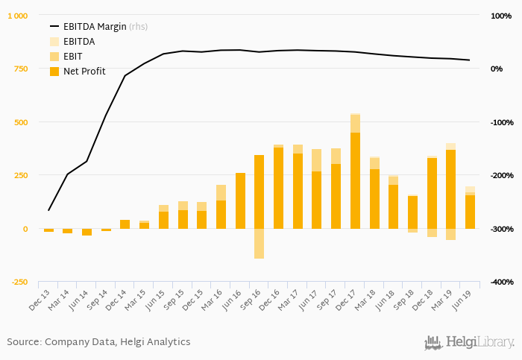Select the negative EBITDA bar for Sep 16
pos(260,244)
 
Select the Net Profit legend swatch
pos(54,72)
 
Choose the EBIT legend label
pos(74,57)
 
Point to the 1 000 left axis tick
pos(18,16)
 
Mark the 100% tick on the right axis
pos(500,16)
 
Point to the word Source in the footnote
pos(23,342)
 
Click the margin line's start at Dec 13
pos(48,210)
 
